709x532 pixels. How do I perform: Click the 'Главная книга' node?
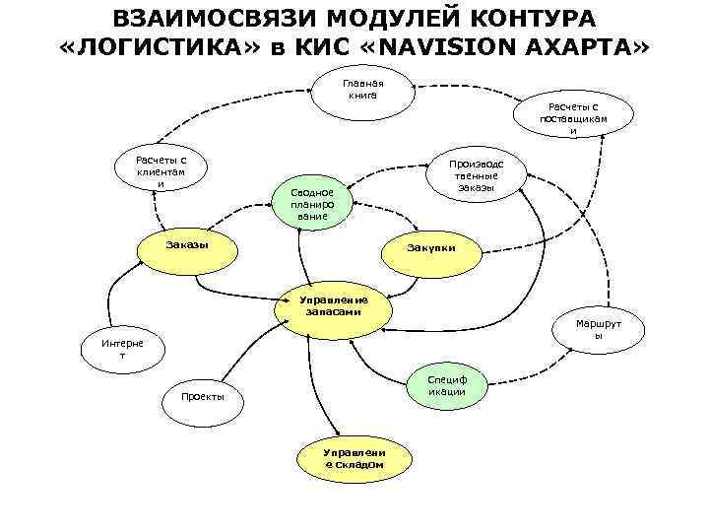(x=362, y=90)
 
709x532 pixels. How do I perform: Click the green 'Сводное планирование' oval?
(x=312, y=203)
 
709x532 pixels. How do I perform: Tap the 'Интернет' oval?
(x=122, y=349)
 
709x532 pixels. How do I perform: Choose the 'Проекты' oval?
(x=202, y=397)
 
